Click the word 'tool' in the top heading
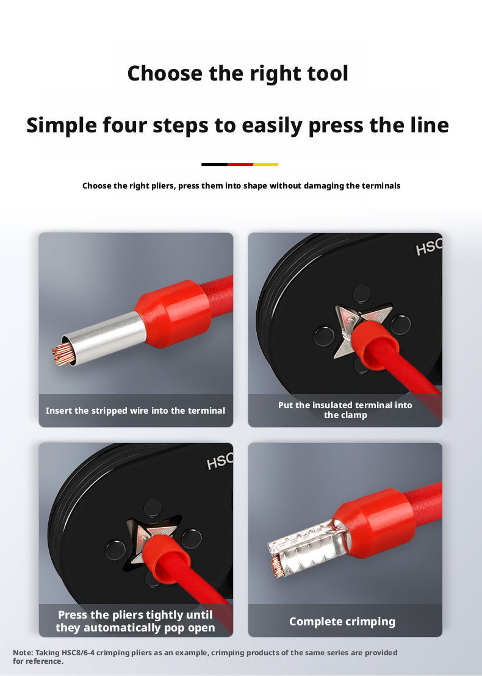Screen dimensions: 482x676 tap(327, 73)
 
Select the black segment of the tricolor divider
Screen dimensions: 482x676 tap(214, 164)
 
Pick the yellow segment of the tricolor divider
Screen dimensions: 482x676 tap(265, 164)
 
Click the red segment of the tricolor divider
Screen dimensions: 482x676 tap(240, 164)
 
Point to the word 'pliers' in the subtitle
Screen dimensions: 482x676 tap(162, 186)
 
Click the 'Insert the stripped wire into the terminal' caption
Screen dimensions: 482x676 tap(135, 411)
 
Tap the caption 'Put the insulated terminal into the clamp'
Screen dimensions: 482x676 tap(345, 410)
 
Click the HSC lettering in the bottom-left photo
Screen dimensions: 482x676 tap(220, 461)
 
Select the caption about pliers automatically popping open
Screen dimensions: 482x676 tap(135, 621)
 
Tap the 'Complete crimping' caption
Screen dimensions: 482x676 tap(342, 622)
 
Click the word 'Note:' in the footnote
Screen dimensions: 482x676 tap(23, 653)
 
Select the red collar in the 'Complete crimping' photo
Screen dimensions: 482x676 tap(374, 523)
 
